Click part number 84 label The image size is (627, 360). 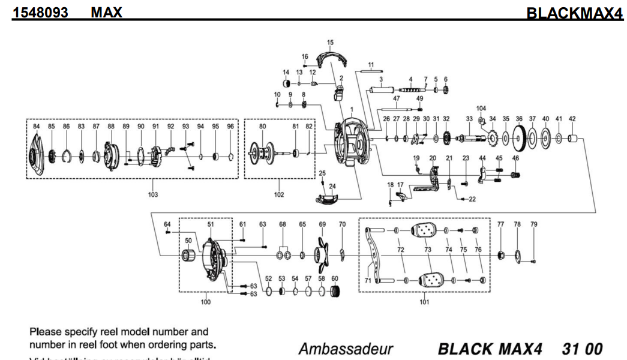[x=36, y=127]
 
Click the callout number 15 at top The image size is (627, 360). [x=330, y=43]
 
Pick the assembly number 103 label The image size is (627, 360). [x=153, y=194]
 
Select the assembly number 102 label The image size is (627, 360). [x=279, y=194]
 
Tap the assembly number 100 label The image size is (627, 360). [x=206, y=302]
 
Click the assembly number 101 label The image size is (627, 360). [x=424, y=302]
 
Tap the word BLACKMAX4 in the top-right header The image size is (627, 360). [x=574, y=13]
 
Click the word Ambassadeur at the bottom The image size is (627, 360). [x=346, y=349]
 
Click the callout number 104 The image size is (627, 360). [x=481, y=109]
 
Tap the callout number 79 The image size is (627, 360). [x=533, y=224]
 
